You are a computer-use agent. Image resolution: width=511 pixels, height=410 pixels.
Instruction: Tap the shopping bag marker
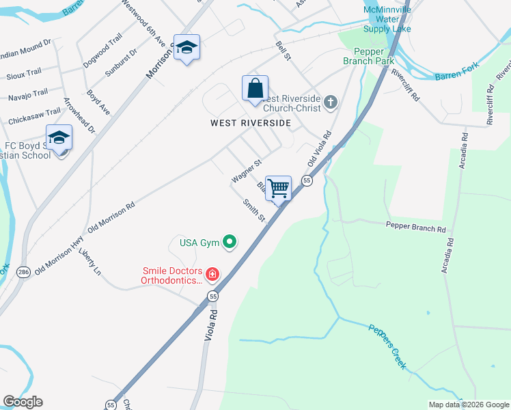point(255,88)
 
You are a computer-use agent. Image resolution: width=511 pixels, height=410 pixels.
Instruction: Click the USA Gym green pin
point(230,241)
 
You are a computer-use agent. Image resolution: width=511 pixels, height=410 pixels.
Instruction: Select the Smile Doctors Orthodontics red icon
point(212,275)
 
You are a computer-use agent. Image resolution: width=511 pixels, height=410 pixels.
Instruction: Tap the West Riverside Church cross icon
point(331,102)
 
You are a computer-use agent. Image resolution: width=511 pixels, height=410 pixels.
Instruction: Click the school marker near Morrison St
point(187,48)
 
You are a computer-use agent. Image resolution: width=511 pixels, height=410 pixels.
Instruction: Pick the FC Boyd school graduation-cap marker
point(59,138)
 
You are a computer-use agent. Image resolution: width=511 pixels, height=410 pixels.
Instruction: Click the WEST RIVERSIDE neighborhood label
point(250,123)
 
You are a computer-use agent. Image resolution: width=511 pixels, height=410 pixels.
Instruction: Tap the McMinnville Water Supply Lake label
point(387,20)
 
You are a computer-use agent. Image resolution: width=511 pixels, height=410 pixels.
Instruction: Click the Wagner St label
point(247,172)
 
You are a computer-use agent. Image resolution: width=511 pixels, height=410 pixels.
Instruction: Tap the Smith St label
point(253,210)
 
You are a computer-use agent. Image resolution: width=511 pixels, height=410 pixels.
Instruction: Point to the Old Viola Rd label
point(320,150)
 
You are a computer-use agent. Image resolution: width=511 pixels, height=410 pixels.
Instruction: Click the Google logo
point(23,402)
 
